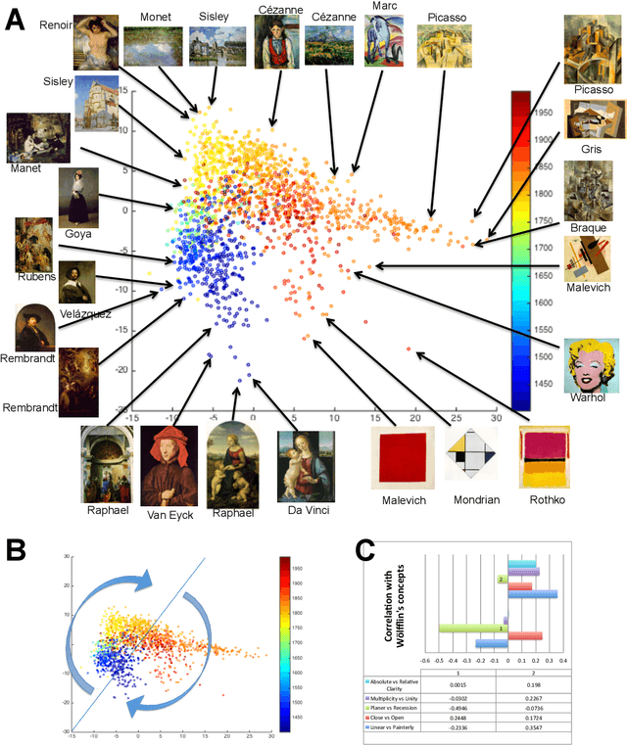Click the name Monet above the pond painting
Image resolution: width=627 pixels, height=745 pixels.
click(x=155, y=17)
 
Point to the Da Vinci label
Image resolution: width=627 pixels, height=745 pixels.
click(x=309, y=510)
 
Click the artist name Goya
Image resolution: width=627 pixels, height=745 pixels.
click(x=77, y=234)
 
